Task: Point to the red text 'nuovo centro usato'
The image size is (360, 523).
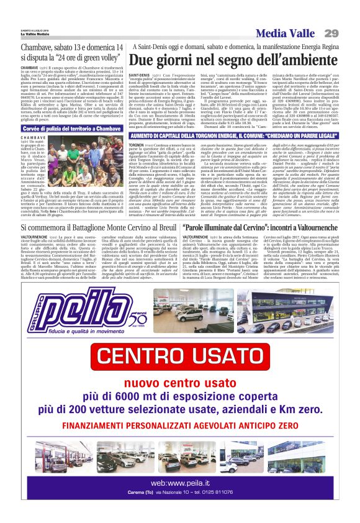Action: [x=180, y=382]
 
